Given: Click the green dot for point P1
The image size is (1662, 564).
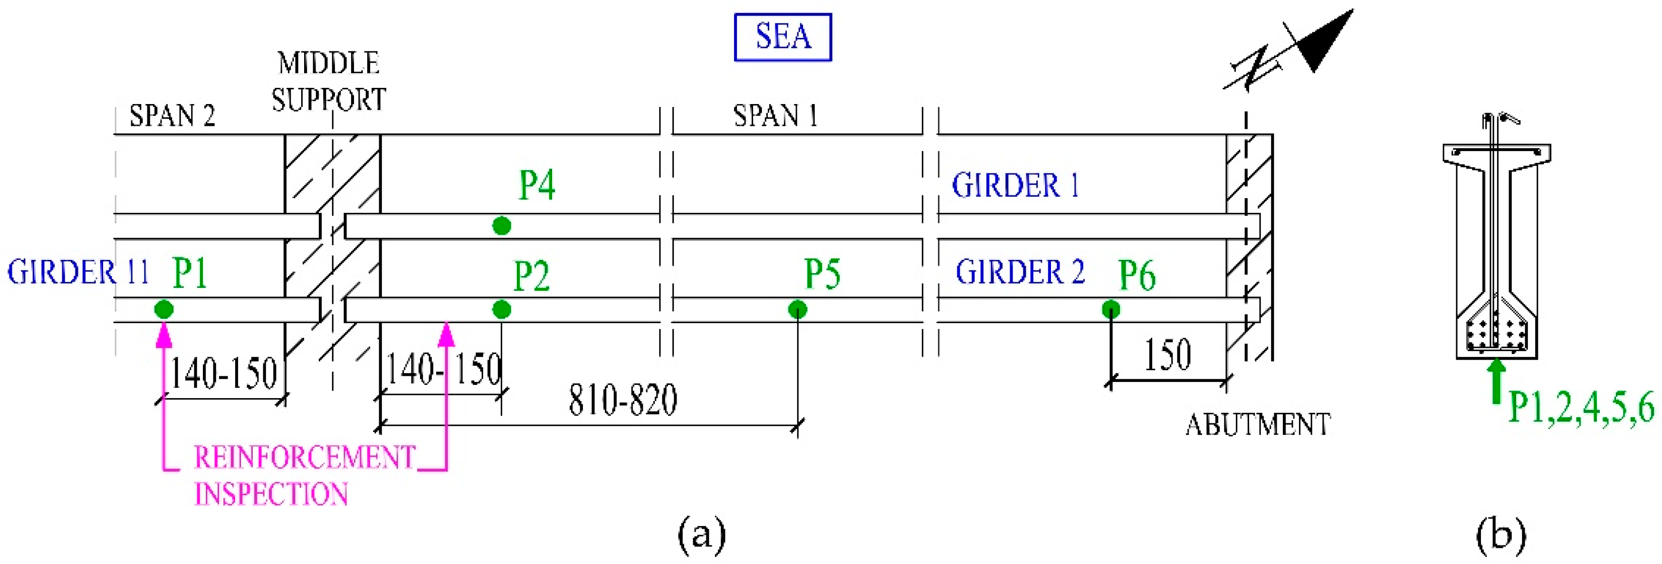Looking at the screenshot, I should tap(164, 309).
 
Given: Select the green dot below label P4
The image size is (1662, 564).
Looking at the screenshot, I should tap(501, 226).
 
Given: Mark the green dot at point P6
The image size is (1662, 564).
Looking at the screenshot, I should tap(1110, 309).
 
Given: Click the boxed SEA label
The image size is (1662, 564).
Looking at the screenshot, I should tap(783, 37).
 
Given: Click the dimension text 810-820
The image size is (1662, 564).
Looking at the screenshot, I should tap(622, 400).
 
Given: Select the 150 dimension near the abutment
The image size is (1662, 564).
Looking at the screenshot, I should tap(1167, 355).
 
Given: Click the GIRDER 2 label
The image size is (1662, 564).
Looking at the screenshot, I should tap(1020, 272).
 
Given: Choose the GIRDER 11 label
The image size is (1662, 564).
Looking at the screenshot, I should tap(78, 272).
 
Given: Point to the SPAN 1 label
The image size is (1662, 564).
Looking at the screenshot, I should tap(775, 116).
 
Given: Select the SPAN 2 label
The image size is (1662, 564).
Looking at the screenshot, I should tap(172, 116).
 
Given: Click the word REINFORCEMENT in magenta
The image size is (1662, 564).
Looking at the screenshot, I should tap(305, 458).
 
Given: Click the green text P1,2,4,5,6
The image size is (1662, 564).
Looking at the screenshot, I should tap(1581, 408).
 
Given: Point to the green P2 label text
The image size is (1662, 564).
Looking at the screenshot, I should tap(531, 276).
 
